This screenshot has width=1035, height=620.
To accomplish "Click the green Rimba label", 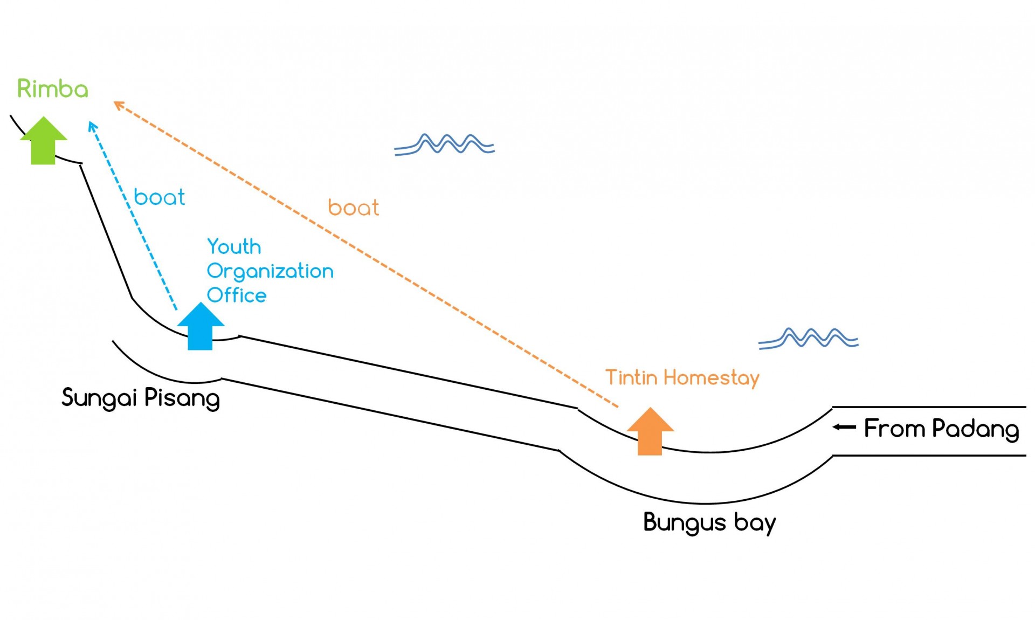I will click(52, 89).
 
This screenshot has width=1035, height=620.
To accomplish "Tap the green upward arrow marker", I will click(43, 141).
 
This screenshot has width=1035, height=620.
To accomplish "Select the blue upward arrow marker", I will click(201, 327).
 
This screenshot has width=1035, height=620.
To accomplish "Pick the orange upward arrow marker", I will click(650, 432).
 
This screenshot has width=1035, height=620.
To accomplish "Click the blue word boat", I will click(159, 197).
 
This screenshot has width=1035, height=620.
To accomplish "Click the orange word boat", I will click(353, 208).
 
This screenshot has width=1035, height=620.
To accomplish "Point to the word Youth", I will click(234, 247).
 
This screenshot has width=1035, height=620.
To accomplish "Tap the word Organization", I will click(270, 271).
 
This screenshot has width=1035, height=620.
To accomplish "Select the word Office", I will click(237, 295).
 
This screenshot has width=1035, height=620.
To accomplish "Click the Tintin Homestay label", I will click(682, 378).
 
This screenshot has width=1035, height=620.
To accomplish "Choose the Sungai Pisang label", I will click(141, 398).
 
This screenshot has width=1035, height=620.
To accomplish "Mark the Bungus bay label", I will click(709, 522).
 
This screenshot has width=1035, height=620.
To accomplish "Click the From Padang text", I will click(941, 429).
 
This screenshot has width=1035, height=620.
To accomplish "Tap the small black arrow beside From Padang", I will click(844, 427).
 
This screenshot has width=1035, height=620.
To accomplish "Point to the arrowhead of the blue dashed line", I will click(92, 126).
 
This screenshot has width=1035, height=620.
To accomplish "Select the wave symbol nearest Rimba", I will click(445, 144).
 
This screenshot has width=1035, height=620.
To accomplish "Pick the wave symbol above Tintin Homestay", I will click(808, 338).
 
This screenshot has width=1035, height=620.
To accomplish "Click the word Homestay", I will click(711, 378).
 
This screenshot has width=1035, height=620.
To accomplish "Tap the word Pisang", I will click(182, 398).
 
